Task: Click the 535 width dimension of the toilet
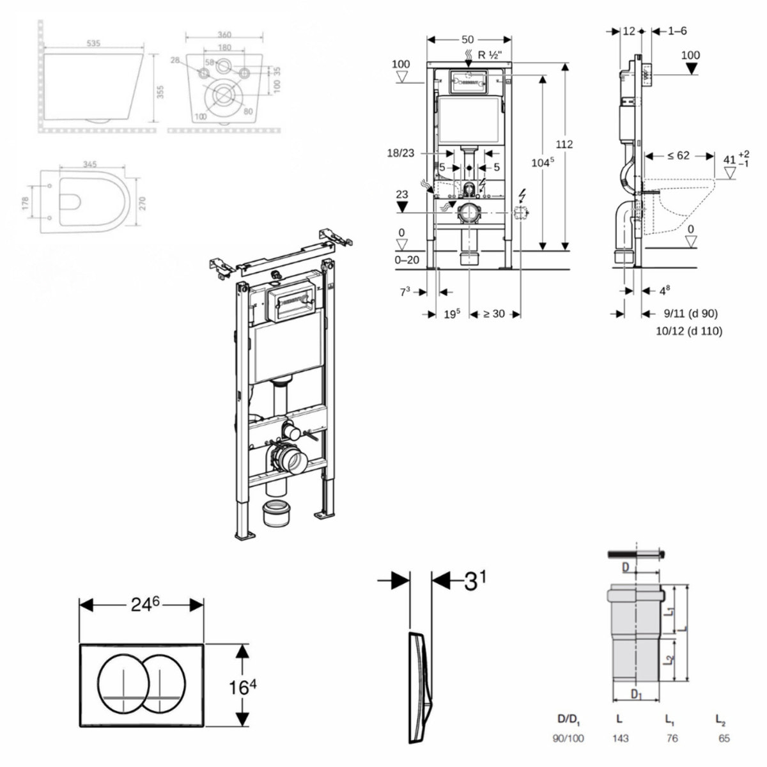pos(93,43)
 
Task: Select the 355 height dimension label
pos(160,92)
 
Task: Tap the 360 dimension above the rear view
pos(224,35)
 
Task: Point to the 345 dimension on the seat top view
pos(89,164)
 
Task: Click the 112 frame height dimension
pos(564,144)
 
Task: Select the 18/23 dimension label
pos(401,153)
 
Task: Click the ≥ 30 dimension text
pos(493,314)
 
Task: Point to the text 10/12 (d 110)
pos(689,331)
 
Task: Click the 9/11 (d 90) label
pos(690,314)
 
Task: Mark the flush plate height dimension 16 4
pos(243,687)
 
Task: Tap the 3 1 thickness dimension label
pos(474,580)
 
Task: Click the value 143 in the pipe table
pos(620,738)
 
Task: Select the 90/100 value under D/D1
pos(568,738)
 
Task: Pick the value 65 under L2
pos(724,738)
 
